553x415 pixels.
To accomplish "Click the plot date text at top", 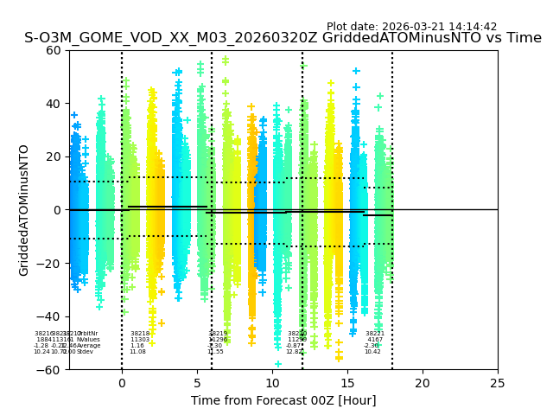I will coord(411,27).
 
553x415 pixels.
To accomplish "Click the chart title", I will coord(283,38).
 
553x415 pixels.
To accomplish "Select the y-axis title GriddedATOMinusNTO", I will coord(24,209).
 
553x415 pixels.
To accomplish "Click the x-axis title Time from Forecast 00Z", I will coord(283,400).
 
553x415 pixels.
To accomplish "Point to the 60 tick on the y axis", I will coord(54,50).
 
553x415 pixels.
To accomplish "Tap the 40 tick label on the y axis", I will coord(54,104).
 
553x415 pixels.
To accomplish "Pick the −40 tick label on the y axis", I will coord(50,316).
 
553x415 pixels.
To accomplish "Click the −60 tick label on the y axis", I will coord(50,370).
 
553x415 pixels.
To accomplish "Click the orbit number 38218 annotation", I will coord(140,334).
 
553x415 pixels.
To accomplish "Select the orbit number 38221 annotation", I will coord(375,334).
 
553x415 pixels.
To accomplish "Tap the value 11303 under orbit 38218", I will coord(140,340).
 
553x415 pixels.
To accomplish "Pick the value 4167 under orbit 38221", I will coord(375,340).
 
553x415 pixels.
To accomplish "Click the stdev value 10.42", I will coord(372,352).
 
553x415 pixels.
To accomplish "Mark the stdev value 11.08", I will coord(137,352).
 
